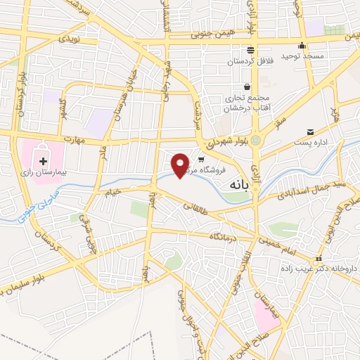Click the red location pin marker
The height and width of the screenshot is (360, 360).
point(181,165)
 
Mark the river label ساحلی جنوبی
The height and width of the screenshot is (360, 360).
point(29,212)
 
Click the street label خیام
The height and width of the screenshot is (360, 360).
point(113,191)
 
